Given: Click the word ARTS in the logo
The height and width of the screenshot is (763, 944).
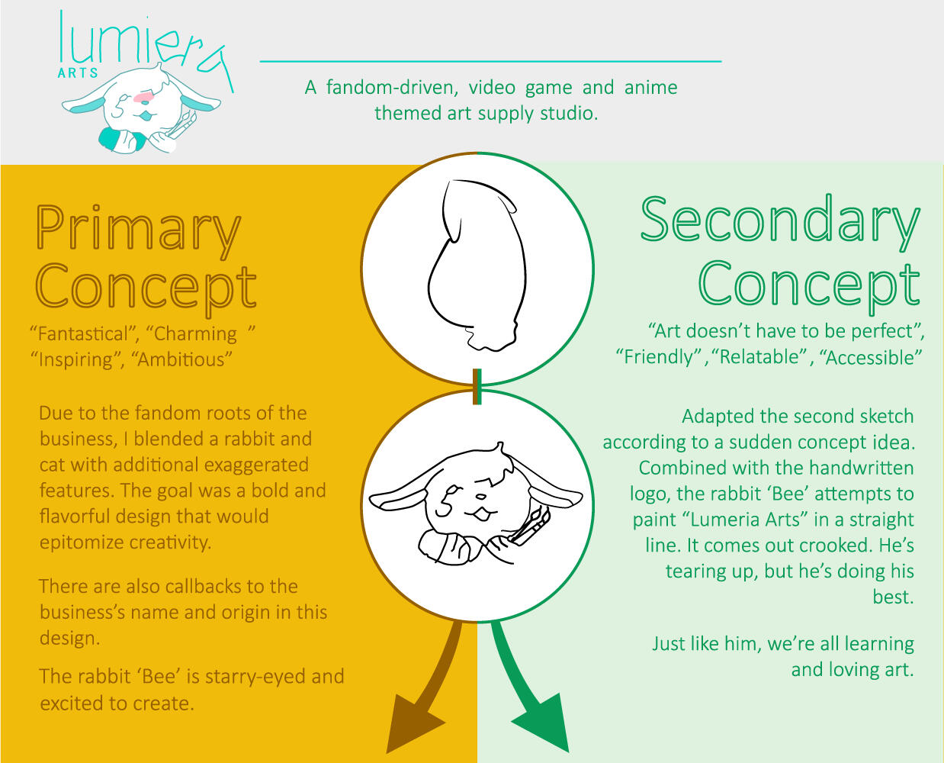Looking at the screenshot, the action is (x=78, y=73).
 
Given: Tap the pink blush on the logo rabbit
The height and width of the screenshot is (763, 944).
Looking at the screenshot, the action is (x=144, y=97).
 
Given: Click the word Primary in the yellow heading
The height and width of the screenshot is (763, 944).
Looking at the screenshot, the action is (x=139, y=232).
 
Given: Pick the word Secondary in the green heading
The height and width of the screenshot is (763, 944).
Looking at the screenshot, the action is (x=781, y=223).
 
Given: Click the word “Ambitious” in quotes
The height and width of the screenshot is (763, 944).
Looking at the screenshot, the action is (x=181, y=359).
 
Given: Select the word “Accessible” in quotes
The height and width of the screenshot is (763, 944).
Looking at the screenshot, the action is (x=871, y=357).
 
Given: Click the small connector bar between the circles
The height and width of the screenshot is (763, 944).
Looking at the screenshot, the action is (x=477, y=387).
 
